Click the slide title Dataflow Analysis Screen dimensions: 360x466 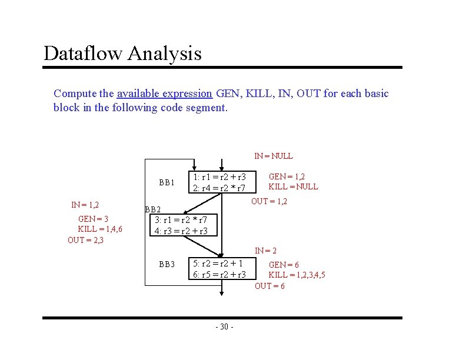tap(122, 54)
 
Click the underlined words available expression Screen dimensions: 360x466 tap(164, 94)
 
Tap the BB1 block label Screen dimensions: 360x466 tap(167, 182)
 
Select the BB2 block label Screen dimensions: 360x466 tap(153, 209)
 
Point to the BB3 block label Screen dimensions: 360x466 tap(167, 264)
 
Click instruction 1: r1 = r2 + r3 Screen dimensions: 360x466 tap(219, 176)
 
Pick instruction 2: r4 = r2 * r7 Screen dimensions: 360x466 tap(219, 188)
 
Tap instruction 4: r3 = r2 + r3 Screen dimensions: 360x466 tap(181, 231)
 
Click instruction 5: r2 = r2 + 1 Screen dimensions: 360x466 tap(218, 264)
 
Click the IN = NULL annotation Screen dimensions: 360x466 tap(273, 156)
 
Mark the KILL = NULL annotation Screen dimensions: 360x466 tap(293, 186)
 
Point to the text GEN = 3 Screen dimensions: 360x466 tap(93, 218)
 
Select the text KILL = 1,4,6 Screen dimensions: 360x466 tap(100, 229)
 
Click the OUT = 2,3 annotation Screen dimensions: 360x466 tap(85, 239)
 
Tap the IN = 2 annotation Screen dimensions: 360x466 tap(266, 251)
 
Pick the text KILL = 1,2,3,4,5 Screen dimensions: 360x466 tap(297, 275)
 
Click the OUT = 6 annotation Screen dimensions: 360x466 tap(269, 286)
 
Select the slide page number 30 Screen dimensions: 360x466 tap(224, 327)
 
